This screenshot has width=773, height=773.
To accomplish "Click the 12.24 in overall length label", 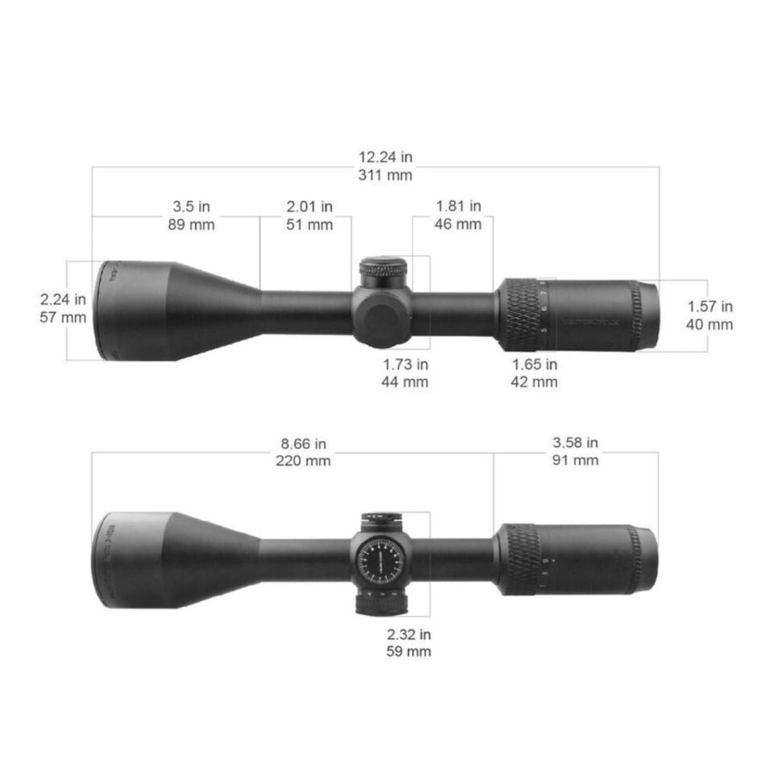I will tap(385, 157).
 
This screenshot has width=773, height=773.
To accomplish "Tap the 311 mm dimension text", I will tap(385, 175).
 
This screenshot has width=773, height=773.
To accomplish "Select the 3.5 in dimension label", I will tap(191, 207).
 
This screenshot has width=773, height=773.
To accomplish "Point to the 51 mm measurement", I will tap(309, 225).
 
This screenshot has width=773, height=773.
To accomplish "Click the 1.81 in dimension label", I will tap(458, 207).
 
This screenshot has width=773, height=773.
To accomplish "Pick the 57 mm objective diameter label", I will tap(63, 317).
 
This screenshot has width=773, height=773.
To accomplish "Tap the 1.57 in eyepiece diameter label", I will tap(709, 307).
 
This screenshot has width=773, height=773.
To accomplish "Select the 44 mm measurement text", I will tap(404, 382).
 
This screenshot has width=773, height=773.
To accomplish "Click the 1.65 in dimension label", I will tap(535, 365).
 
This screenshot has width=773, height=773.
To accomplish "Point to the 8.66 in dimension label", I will tap(303, 444).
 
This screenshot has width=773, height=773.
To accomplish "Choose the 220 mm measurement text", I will tap(303, 461).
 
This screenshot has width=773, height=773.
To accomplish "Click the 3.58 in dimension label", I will tap(575, 443).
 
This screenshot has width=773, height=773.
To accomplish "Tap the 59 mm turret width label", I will tap(407, 651).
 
